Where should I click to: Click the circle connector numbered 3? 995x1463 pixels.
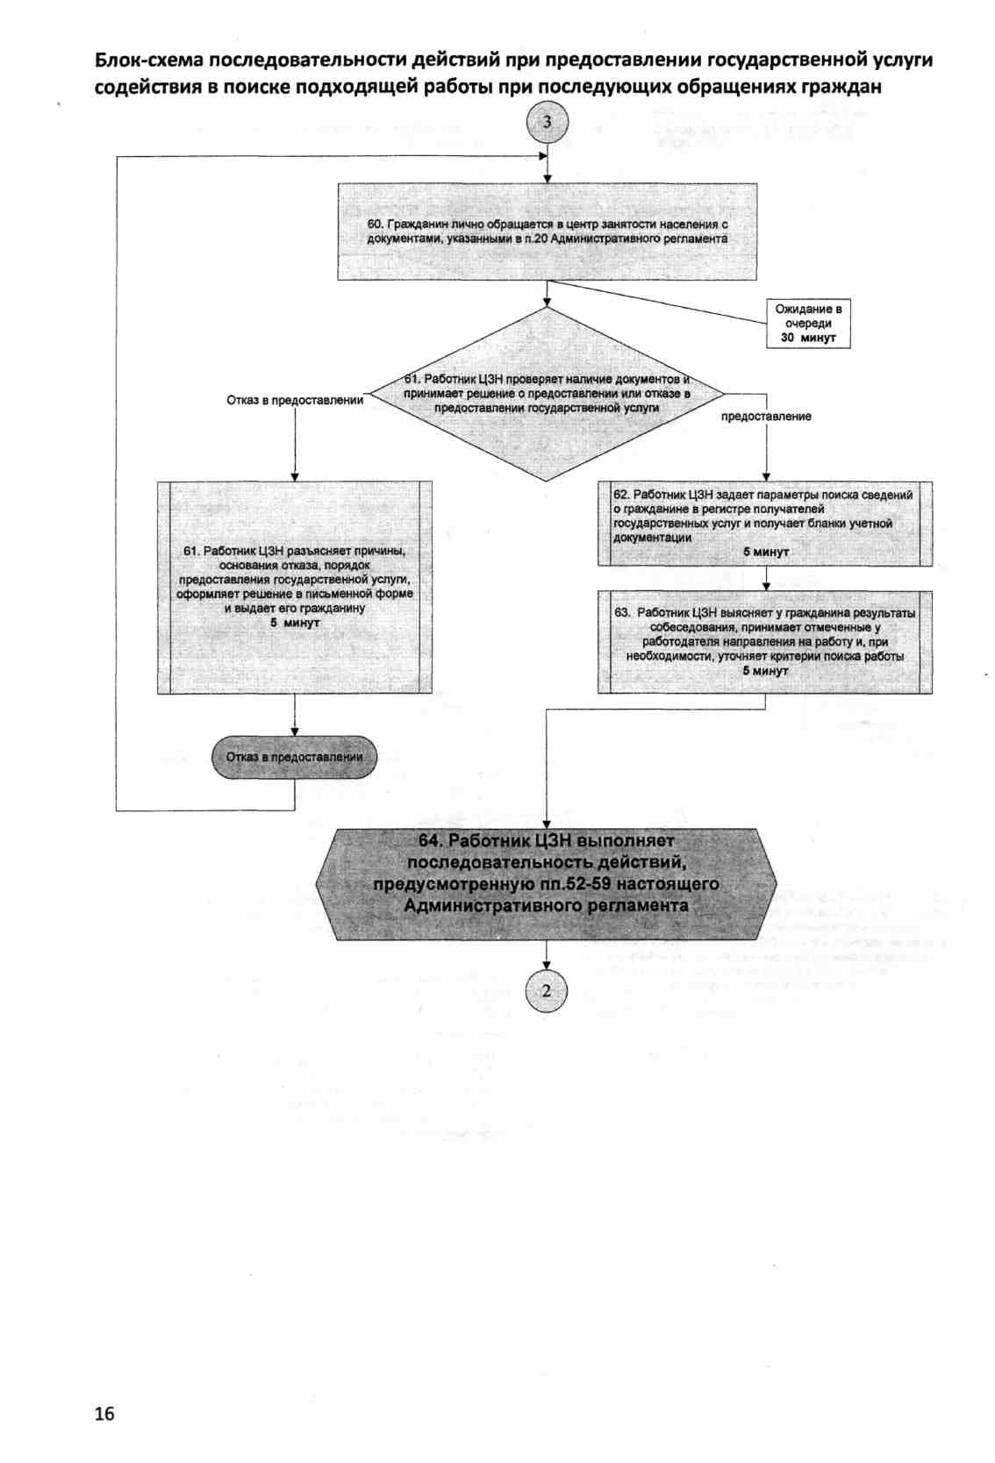click(548, 122)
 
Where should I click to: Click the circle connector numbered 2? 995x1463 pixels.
click(547, 991)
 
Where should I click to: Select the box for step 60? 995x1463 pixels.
click(548, 232)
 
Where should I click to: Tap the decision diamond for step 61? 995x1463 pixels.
click(547, 394)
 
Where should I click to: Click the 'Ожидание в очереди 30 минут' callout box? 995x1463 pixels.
click(808, 324)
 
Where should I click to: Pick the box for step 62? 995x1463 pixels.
click(765, 524)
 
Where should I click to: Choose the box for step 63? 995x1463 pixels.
click(765, 642)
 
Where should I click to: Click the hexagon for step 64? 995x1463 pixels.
click(546, 884)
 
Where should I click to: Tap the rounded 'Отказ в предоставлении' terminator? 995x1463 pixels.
click(294, 757)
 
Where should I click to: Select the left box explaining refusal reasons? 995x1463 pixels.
click(294, 588)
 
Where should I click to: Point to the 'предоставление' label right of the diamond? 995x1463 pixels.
click(766, 417)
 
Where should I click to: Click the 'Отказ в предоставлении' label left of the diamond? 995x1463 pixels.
click(295, 400)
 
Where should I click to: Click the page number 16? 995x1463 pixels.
click(104, 1413)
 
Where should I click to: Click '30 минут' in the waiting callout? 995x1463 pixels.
click(808, 338)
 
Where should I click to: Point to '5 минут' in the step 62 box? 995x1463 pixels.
click(765, 552)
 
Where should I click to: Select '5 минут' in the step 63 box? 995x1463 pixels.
click(765, 671)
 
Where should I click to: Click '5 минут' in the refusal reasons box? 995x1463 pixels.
click(295, 622)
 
